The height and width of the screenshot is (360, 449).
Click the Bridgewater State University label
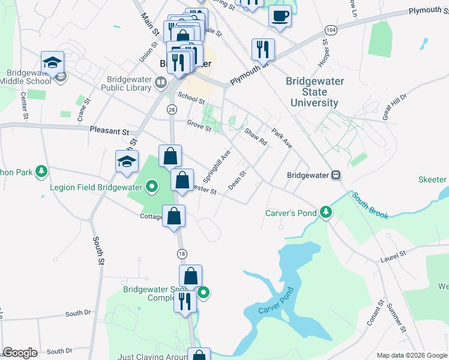(x=314, y=92)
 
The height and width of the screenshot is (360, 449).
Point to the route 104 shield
(x=330, y=29)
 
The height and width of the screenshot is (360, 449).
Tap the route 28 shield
(x=172, y=109)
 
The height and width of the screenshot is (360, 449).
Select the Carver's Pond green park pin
(x=326, y=212)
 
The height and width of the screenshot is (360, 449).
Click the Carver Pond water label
(x=274, y=309)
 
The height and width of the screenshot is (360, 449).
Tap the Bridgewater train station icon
(x=336, y=175)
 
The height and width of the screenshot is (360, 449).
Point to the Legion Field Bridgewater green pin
(x=152, y=187)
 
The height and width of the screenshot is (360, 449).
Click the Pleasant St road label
(x=109, y=130)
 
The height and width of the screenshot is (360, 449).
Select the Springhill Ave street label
(x=217, y=166)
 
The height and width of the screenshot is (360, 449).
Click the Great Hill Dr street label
(x=395, y=106)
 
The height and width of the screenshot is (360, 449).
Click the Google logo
(x=20, y=353)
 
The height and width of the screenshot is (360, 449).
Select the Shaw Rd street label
(x=256, y=137)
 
